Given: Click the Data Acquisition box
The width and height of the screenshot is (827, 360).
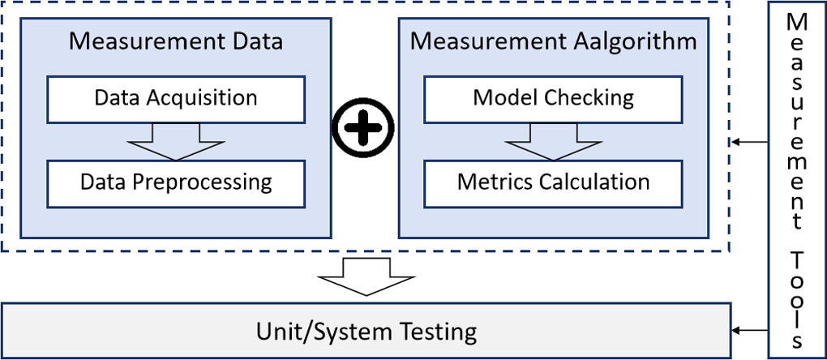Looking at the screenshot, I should point(176,99).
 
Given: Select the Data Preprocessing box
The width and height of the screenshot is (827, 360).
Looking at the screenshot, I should point(176,182).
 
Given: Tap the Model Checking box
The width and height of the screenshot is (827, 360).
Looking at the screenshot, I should point(553,99).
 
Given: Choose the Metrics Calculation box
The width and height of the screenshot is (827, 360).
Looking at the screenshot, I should point(553,182).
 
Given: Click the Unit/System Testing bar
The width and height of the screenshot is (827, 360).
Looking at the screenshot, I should point(366,331).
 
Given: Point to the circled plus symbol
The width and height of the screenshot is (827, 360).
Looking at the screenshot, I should point(364,127).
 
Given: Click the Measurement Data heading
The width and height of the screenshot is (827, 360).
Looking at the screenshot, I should point(176,41).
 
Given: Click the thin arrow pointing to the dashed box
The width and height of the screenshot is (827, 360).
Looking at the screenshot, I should point(749,143).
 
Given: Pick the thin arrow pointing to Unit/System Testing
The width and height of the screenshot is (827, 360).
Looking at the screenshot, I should point(749,330).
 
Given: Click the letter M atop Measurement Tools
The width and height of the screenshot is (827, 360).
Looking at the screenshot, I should point(798,19).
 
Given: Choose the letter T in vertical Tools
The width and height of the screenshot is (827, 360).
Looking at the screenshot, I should point(798,260).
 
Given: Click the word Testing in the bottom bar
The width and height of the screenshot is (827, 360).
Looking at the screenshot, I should point(439,332).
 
